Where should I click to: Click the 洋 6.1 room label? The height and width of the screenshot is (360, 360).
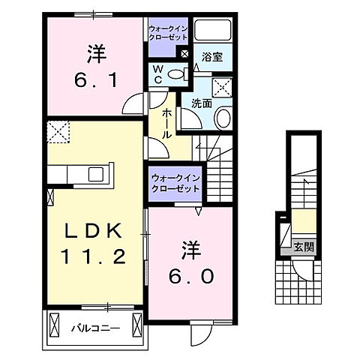click(95, 67)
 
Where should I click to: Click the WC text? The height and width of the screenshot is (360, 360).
click(158, 73)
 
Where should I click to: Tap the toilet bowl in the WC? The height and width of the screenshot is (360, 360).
click(177, 73)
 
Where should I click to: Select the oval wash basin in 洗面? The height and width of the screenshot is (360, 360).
click(222, 118)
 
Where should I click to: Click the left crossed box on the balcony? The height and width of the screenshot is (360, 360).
click(53, 325)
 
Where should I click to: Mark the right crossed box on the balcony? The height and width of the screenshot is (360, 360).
click(136, 325)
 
